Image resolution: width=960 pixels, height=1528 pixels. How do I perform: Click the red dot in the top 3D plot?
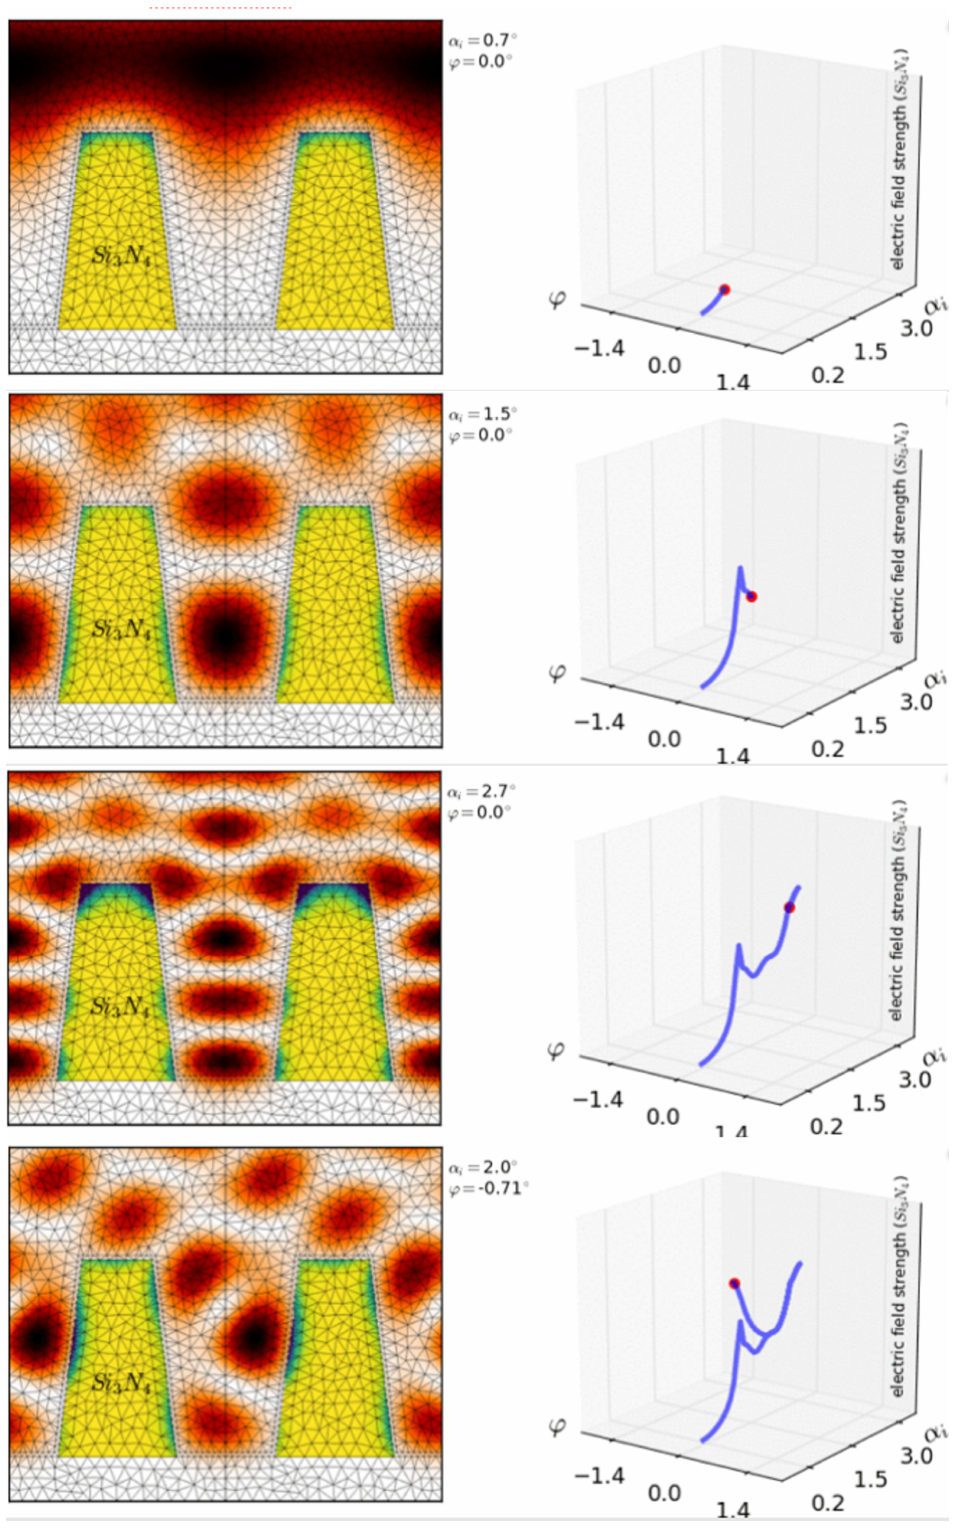click(x=724, y=290)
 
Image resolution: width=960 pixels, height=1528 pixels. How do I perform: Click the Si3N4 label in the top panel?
click(x=120, y=255)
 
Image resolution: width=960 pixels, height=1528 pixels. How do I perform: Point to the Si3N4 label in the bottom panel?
click(x=120, y=1383)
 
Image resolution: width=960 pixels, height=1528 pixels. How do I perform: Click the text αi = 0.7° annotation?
click(x=483, y=41)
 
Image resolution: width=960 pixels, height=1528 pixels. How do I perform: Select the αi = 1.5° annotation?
click(x=483, y=414)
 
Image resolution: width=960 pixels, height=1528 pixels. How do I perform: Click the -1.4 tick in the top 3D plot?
click(x=599, y=348)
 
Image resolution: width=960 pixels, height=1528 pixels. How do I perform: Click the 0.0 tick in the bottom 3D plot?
click(x=664, y=1493)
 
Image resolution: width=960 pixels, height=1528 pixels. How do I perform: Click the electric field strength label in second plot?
click(x=898, y=533)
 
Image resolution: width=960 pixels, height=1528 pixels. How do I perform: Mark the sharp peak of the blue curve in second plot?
click(x=740, y=568)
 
